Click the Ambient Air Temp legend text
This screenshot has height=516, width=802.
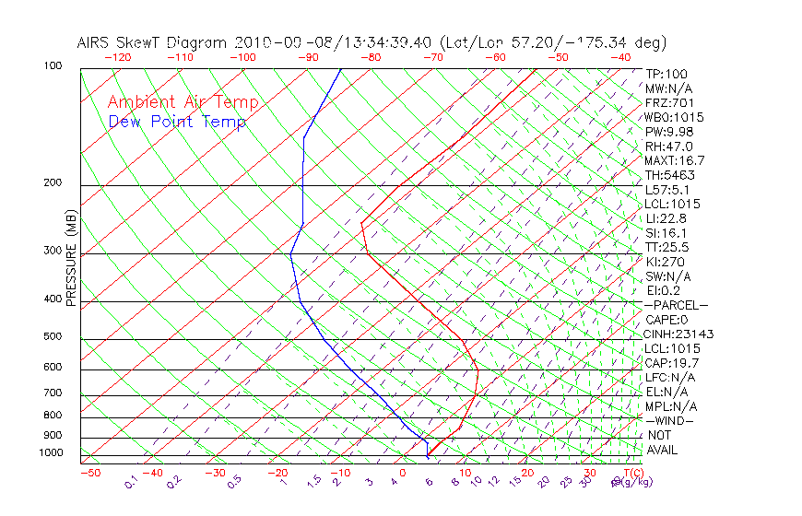coord(183,102)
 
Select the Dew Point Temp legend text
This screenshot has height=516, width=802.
coord(177,122)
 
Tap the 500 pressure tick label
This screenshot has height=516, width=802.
coord(53,337)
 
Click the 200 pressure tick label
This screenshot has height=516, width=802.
coord(53,183)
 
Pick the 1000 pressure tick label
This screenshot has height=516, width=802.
coord(50,453)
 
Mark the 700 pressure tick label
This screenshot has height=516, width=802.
coord(53,393)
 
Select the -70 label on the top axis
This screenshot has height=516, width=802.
coord(431,56)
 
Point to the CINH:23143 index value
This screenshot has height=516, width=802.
coord(679,334)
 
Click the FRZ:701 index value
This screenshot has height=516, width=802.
coord(669,103)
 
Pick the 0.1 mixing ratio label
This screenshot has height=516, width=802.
coord(130,483)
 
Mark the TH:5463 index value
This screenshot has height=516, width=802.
coord(669,175)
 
